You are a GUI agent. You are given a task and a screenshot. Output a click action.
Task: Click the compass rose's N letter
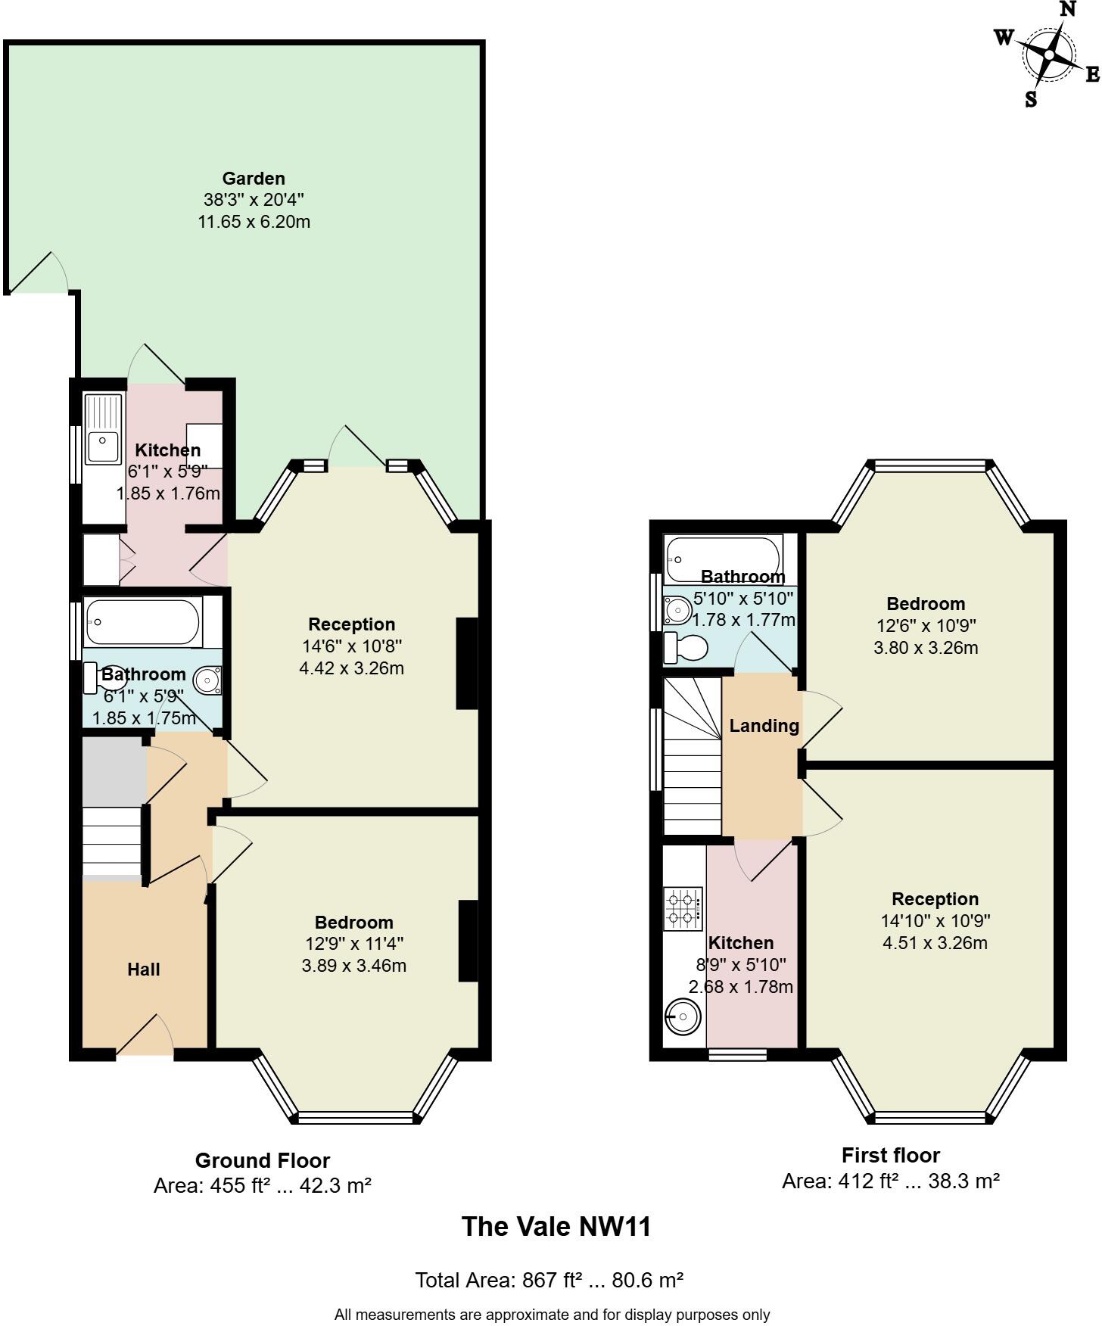1067,10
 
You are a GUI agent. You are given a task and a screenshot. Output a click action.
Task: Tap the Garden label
254,179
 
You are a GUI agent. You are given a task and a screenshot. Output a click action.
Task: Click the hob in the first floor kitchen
682,909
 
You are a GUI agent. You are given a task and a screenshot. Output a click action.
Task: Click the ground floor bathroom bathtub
143,621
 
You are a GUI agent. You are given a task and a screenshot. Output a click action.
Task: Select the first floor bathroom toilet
686,648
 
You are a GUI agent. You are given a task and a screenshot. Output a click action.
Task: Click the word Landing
764,726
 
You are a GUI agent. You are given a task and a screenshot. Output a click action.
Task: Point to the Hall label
144,970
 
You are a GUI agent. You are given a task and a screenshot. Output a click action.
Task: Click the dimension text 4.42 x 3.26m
351,668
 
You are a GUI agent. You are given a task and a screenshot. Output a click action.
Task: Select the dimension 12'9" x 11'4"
353,944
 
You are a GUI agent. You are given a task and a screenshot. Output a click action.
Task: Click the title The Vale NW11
556,1226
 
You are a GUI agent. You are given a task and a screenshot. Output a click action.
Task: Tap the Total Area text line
549,1280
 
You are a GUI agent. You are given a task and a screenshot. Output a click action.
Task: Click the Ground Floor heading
263,1160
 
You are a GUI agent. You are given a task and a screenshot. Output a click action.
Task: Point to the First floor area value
891,1181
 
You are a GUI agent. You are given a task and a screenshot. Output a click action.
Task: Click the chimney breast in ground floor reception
467,664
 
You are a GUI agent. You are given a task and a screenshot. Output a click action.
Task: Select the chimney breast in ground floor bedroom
469,941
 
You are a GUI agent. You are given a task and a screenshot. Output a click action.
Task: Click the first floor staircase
692,757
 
